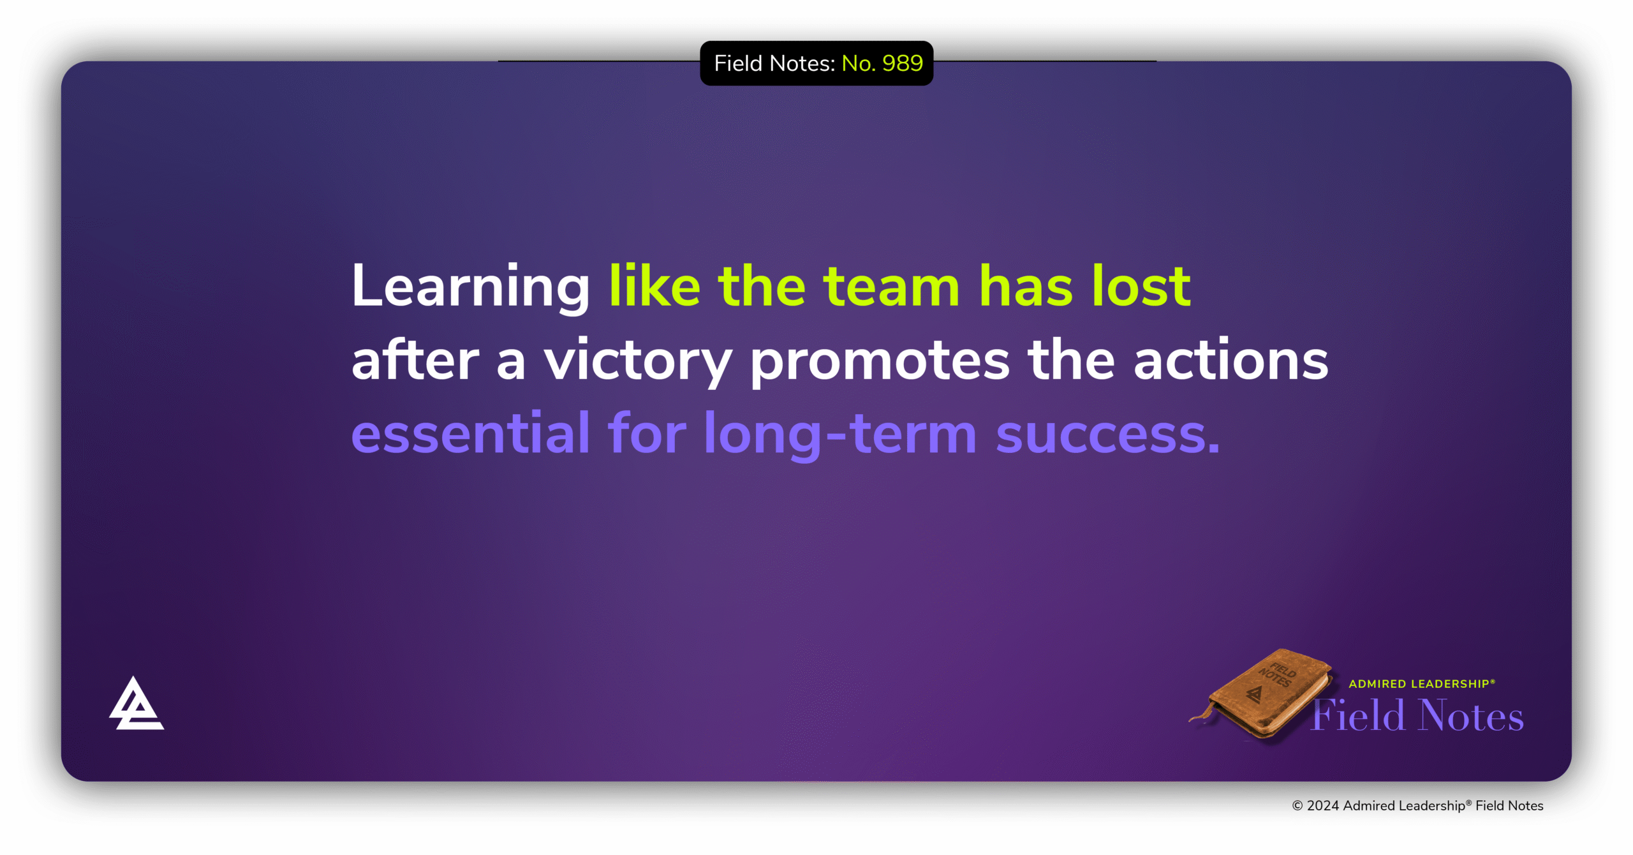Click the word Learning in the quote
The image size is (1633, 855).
tap(470, 287)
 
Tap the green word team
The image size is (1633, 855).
tap(891, 287)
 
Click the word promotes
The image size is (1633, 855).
tap(880, 361)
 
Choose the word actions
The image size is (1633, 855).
tap(1230, 361)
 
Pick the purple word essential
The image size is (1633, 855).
tap(470, 434)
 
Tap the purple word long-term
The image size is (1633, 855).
tap(840, 434)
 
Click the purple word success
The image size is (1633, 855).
tap(1107, 434)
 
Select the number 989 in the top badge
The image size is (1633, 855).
tap(903, 63)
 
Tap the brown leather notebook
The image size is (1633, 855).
tap(1266, 695)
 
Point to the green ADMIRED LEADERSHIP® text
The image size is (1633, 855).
tap(1421, 683)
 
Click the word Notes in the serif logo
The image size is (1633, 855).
tap(1470, 715)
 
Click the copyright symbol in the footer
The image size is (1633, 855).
tap(1297, 806)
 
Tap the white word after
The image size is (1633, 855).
tap(415, 361)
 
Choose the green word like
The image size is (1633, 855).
tap(654, 287)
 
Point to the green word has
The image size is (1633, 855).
tap(1025, 287)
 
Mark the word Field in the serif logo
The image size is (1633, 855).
tap(1359, 715)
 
